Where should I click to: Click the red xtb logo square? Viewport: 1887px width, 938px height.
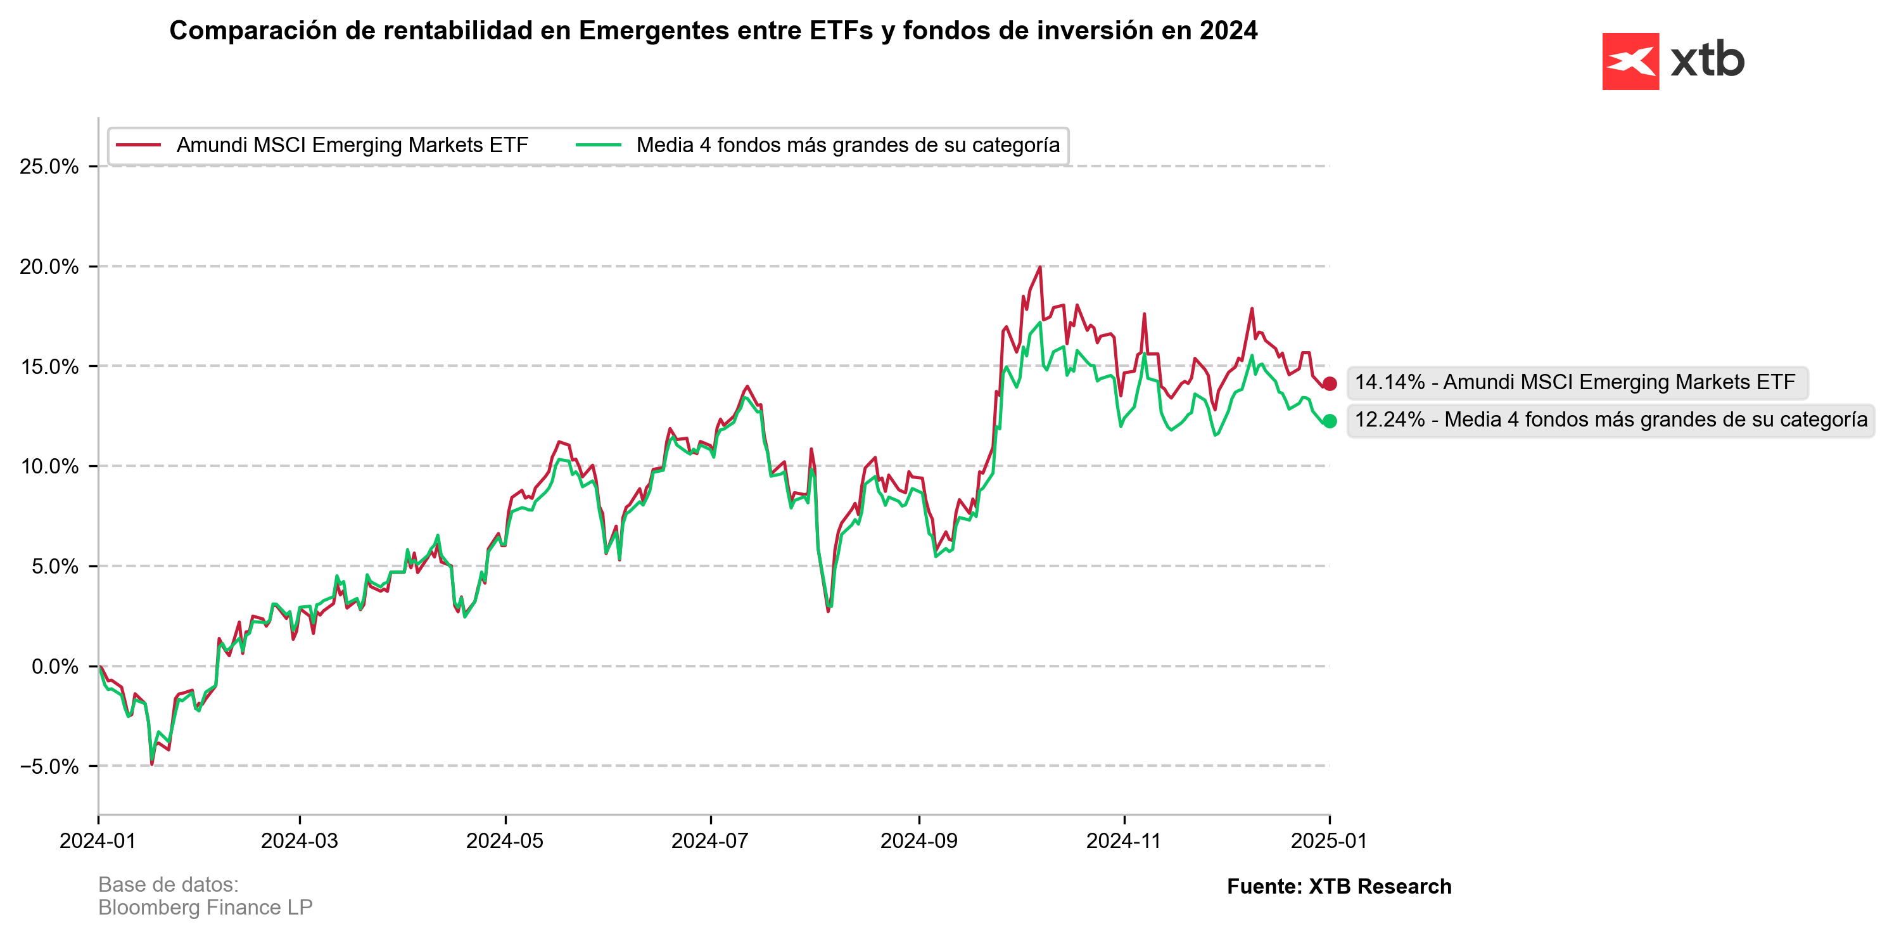click(1630, 61)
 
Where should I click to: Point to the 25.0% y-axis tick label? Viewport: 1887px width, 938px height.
click(49, 166)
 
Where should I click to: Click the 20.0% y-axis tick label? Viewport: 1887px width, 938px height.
click(49, 267)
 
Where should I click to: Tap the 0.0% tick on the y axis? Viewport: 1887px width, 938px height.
click(54, 666)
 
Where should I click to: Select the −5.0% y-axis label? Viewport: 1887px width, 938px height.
click(49, 766)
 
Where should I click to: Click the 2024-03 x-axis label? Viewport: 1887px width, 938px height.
click(300, 840)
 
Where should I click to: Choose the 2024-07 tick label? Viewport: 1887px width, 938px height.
click(710, 840)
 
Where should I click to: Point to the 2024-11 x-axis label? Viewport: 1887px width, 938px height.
click(1124, 840)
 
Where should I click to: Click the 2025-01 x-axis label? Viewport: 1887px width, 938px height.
click(1329, 840)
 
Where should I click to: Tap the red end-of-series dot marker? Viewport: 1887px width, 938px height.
click(1330, 383)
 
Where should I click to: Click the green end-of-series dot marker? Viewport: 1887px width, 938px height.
click(1330, 421)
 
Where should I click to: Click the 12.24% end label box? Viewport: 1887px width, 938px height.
click(1610, 420)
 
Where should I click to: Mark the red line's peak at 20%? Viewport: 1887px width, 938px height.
click(1040, 267)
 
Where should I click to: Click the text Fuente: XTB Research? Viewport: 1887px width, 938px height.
click(1339, 886)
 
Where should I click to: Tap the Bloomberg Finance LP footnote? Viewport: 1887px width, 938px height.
click(205, 907)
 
